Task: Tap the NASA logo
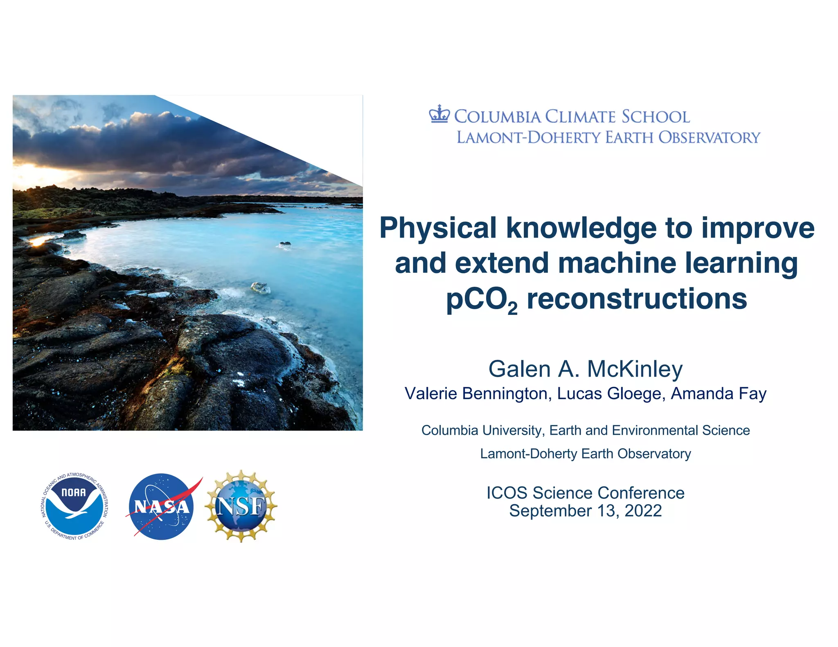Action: [162, 506]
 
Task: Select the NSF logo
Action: [241, 506]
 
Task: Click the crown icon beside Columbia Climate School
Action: [439, 115]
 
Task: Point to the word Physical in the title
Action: [438, 228]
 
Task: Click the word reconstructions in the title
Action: [637, 299]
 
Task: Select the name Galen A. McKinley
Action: [585, 369]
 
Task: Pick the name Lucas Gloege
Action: [609, 393]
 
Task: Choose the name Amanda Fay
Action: [719, 393]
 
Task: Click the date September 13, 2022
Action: [585, 511]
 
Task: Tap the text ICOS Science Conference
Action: [585, 493]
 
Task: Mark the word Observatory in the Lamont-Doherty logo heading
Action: [709, 138]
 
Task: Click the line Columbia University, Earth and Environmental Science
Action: [585, 430]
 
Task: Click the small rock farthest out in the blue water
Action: [285, 245]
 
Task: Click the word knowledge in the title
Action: [581, 228]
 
